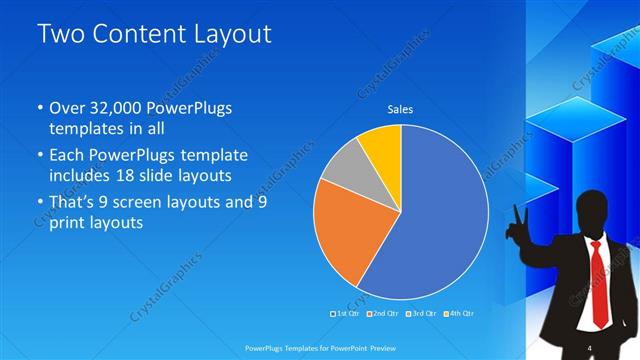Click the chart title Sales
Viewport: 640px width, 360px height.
pos(400,109)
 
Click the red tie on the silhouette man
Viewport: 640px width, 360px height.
pos(597,280)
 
